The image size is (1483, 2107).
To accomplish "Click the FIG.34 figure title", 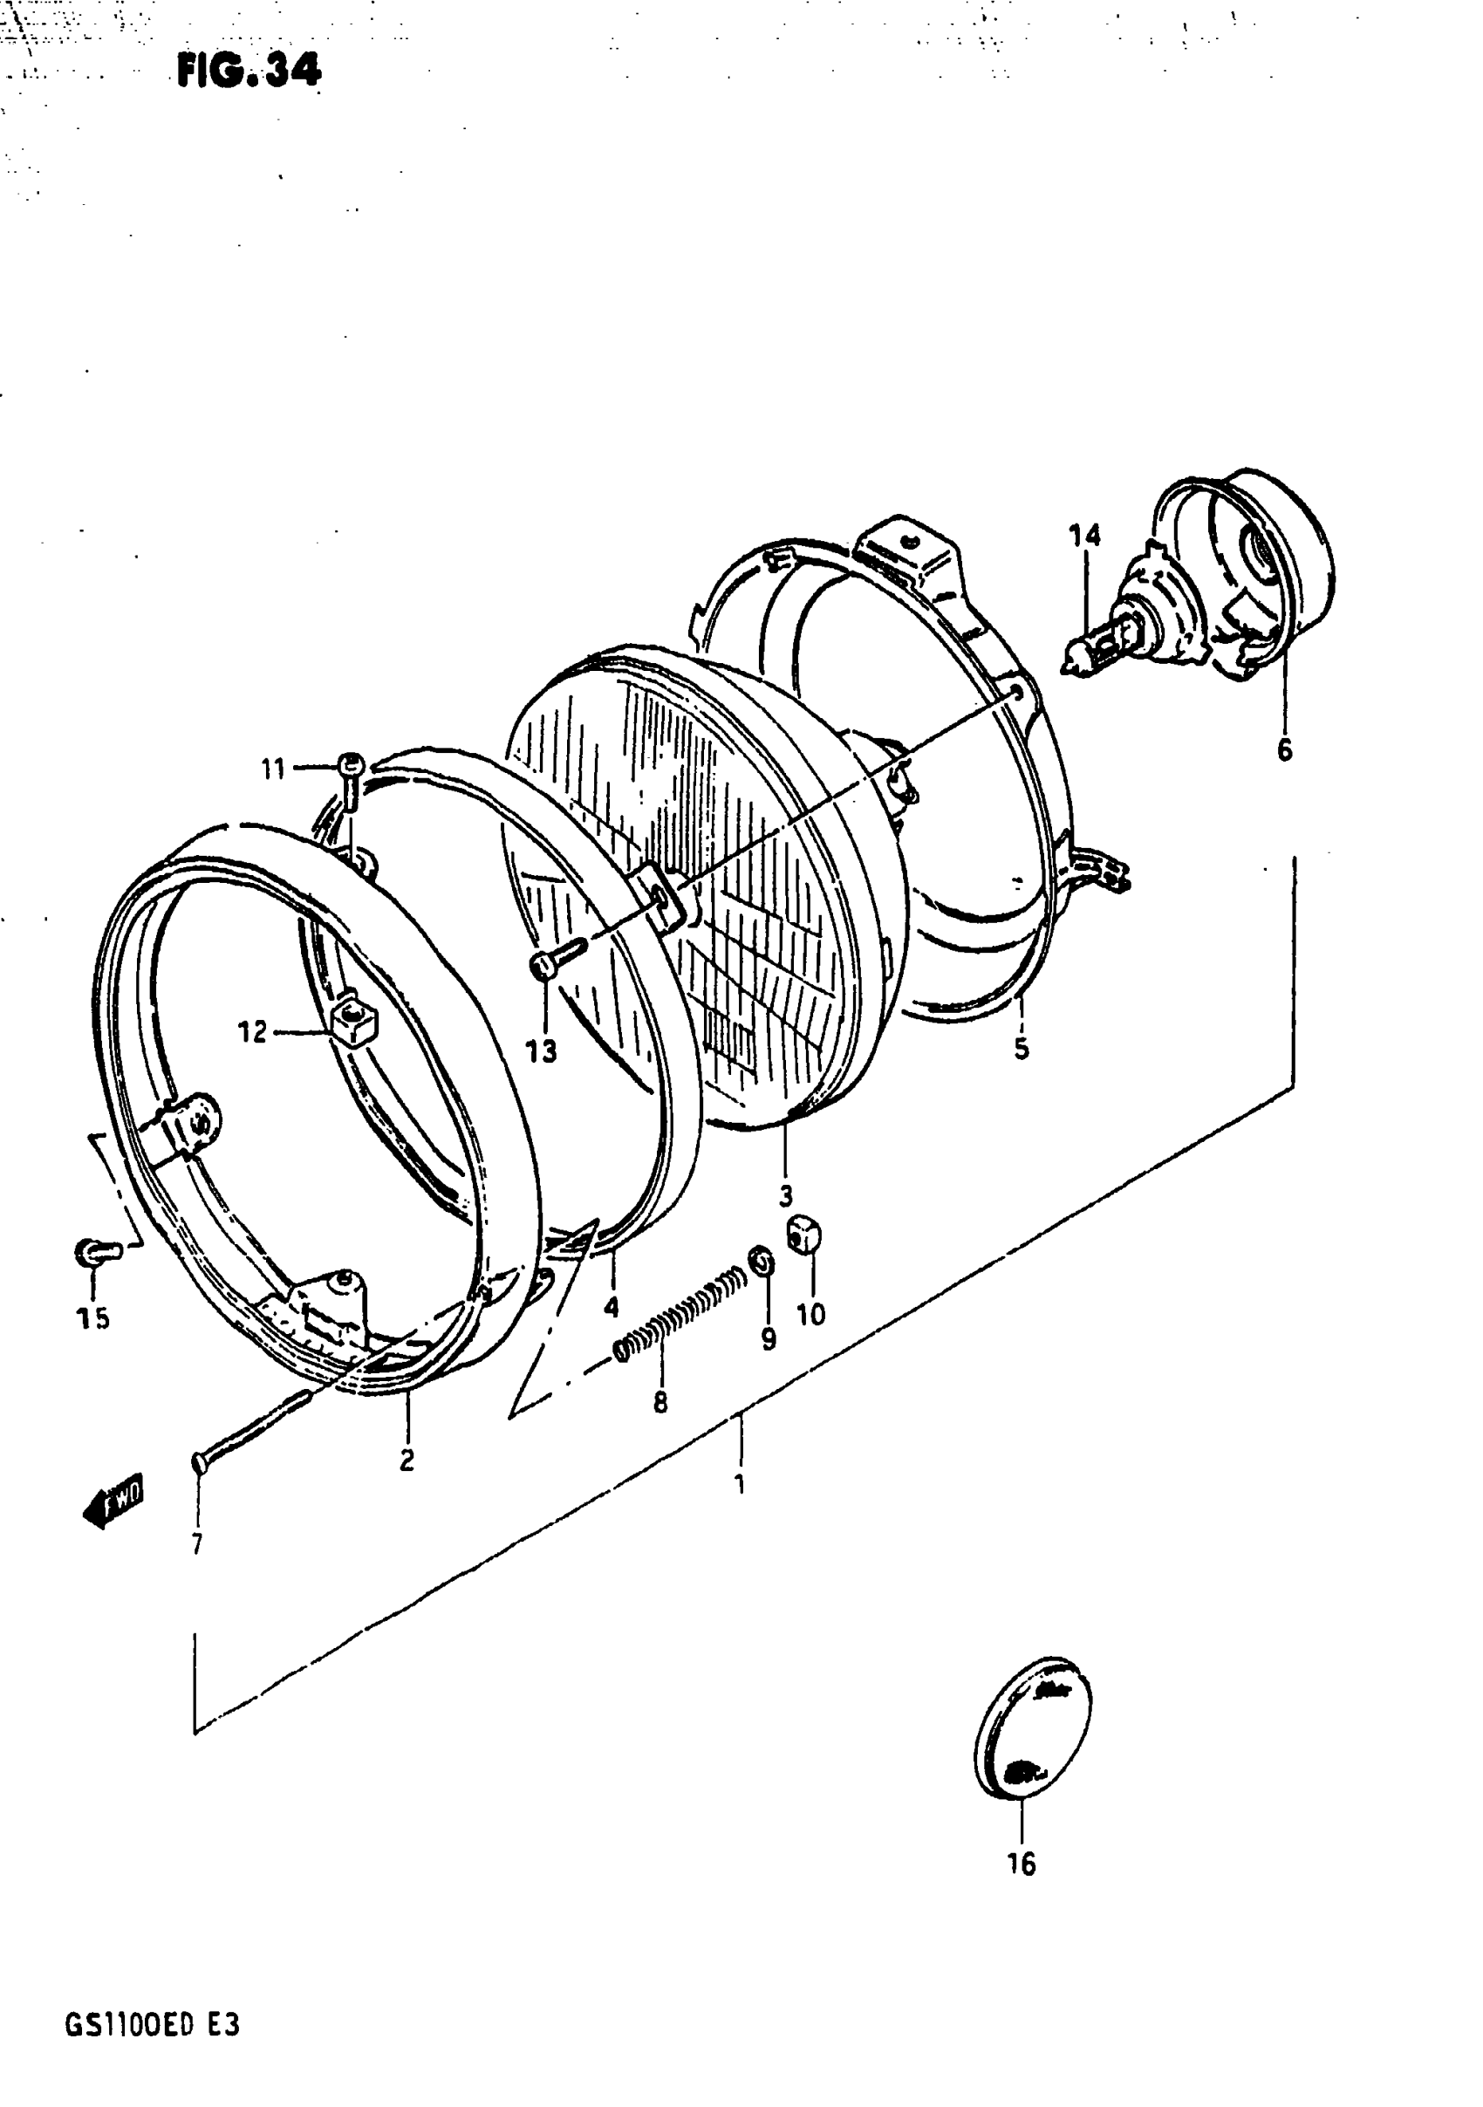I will click(x=249, y=70).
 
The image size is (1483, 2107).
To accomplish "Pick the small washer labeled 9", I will click(x=762, y=1262).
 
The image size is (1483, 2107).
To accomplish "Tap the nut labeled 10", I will click(x=804, y=1236).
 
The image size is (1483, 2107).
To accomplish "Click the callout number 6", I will click(x=1285, y=749).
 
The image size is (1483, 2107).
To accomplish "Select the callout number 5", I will click(x=1022, y=1048).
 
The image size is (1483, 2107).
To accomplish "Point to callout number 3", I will click(x=785, y=1197).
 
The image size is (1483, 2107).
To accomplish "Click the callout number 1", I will click(x=740, y=1484).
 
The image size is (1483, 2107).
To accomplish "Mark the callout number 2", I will click(x=407, y=1460).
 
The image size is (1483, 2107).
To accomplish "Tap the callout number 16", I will click(x=1021, y=1864).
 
